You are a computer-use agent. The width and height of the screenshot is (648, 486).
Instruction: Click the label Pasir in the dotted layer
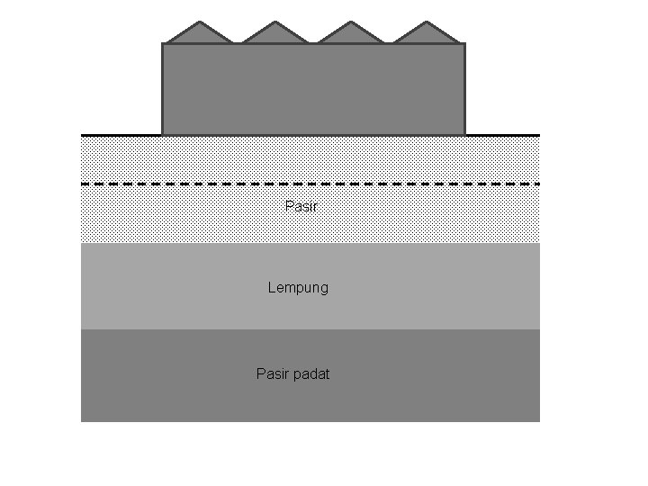click(x=301, y=206)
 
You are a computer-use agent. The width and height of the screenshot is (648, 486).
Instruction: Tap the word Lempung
click(x=298, y=288)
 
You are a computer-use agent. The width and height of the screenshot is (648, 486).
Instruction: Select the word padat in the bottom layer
click(x=312, y=373)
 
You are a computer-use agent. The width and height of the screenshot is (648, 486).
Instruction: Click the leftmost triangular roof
click(x=200, y=34)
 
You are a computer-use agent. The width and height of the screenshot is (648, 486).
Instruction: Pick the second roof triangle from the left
click(x=275, y=34)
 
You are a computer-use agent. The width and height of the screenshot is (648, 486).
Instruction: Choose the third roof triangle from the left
click(x=351, y=34)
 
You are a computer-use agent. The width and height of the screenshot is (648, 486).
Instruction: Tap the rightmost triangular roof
click(x=427, y=34)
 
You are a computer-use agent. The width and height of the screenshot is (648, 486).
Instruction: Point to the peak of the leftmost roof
click(x=200, y=22)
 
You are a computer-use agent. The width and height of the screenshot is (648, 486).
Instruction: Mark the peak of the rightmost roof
click(x=427, y=22)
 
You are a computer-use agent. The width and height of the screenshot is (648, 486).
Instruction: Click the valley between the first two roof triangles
click(x=238, y=42)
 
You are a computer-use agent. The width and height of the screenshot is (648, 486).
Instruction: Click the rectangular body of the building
click(x=313, y=89)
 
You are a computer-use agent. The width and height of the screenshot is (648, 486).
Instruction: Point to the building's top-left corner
click(x=163, y=44)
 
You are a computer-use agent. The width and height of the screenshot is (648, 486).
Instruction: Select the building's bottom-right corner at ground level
click(x=464, y=134)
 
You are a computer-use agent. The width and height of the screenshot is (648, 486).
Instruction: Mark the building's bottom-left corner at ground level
click(x=163, y=134)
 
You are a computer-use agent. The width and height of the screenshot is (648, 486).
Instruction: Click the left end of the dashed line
click(x=83, y=184)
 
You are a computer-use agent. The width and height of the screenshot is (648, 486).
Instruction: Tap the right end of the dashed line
click(x=538, y=184)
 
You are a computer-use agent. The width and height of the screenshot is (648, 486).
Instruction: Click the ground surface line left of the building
click(x=121, y=135)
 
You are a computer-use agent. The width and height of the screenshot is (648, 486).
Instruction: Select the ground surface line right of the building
click(x=502, y=135)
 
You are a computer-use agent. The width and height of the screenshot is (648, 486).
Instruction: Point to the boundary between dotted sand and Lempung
click(x=310, y=243)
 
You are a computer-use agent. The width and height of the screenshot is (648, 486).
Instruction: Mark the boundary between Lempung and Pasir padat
click(x=310, y=329)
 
